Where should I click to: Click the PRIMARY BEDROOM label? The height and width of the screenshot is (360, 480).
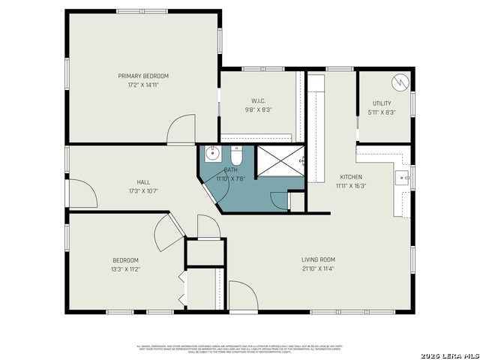(142, 76)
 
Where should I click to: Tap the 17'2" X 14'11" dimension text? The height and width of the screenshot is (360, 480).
(142, 85)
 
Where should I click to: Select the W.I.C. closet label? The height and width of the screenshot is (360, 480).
(257, 100)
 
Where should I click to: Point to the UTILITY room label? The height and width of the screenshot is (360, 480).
(382, 103)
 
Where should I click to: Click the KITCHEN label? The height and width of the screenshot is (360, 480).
(350, 177)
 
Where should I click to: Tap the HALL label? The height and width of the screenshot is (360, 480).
(142, 182)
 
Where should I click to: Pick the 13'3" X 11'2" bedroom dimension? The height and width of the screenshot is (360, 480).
(125, 268)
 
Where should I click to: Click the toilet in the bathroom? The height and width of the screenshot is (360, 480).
(235, 157)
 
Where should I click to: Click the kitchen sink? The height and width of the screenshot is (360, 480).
(402, 178)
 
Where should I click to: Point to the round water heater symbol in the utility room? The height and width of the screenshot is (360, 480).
(400, 80)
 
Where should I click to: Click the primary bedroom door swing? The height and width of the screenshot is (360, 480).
(181, 130)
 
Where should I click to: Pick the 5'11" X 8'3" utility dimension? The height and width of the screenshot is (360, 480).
(382, 112)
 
